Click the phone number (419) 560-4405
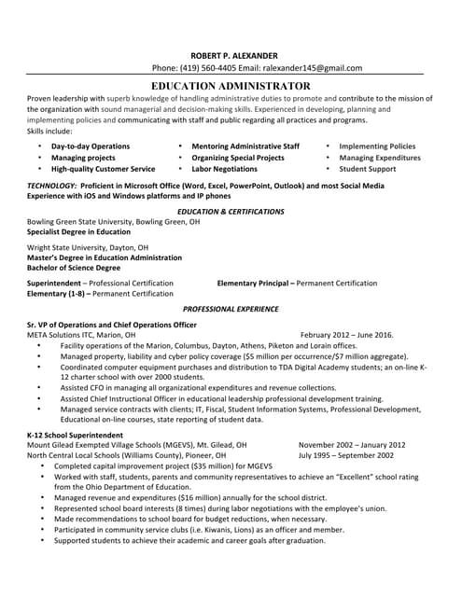click(x=207, y=68)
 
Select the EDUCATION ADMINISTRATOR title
click(x=231, y=85)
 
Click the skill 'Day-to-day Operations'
click(x=91, y=146)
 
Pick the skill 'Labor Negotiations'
click(x=224, y=169)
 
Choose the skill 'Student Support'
click(x=367, y=169)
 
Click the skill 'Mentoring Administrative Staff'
click(x=245, y=146)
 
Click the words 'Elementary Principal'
click(x=254, y=283)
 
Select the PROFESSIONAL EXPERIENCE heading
click(x=230, y=308)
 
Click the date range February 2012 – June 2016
click(x=347, y=334)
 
